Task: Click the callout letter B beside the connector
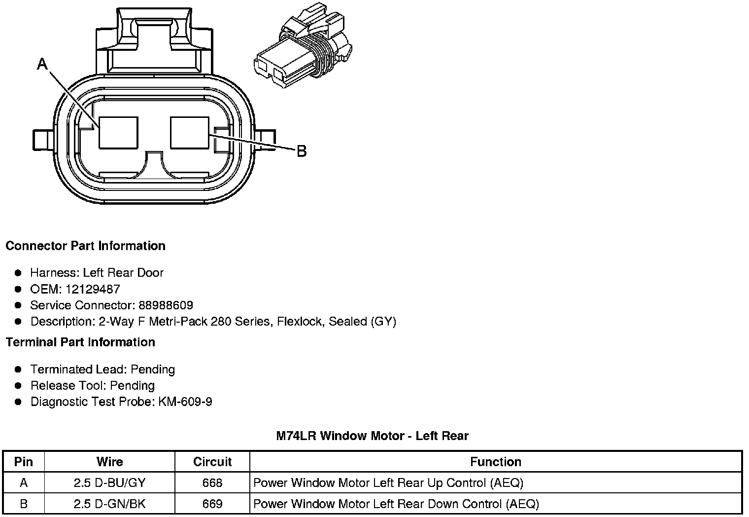302,151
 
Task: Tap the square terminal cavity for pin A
118,132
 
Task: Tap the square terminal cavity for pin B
190,132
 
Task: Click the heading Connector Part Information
85,246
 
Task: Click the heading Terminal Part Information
80,342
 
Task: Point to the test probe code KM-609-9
185,402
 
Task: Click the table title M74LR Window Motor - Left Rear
372,436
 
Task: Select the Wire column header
109,462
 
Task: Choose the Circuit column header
212,462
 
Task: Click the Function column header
495,462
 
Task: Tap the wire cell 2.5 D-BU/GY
109,483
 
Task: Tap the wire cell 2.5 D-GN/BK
109,504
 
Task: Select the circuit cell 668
212,483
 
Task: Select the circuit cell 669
212,504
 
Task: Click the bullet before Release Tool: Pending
18,385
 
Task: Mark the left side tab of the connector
41,140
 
